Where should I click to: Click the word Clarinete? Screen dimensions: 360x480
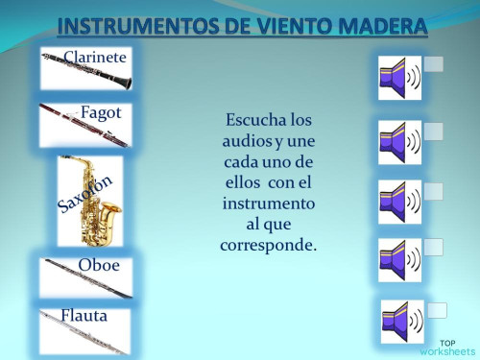95,58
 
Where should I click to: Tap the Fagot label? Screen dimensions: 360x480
100,112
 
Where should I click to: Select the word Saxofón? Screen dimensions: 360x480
85,193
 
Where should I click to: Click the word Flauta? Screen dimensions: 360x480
84,315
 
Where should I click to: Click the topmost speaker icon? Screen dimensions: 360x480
399,78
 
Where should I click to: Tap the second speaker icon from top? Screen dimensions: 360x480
399,142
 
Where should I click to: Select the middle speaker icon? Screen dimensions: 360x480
399,202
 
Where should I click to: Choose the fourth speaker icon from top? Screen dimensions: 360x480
399,259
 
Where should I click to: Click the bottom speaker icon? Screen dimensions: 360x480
401,322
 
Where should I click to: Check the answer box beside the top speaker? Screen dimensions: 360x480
434,63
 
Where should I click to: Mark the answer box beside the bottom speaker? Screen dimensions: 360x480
438,310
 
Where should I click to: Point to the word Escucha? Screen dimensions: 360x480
256,121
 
